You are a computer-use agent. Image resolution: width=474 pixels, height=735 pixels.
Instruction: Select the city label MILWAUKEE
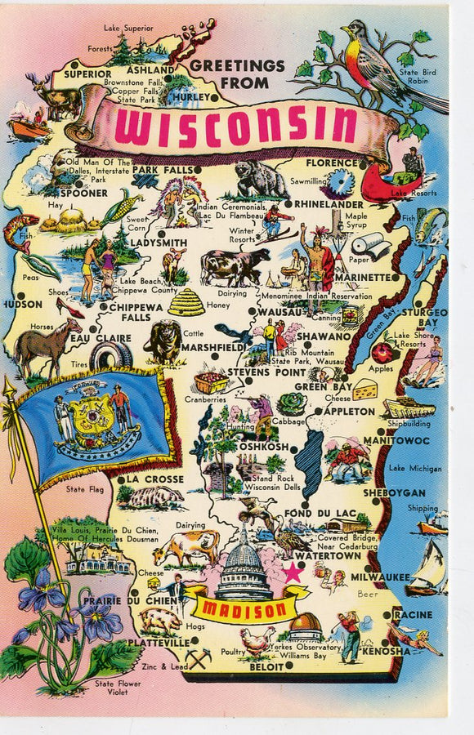(x=381, y=577)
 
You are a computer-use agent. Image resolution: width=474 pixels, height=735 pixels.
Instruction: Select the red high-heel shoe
(x=69, y=309)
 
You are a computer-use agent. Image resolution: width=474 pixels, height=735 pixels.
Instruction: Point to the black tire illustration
(x=111, y=355)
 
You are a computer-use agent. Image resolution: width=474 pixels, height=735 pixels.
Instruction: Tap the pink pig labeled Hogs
(x=161, y=621)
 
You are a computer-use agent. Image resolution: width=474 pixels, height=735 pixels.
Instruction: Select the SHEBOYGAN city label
(x=394, y=493)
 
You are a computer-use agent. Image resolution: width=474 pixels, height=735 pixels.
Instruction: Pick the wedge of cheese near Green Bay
(x=364, y=390)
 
